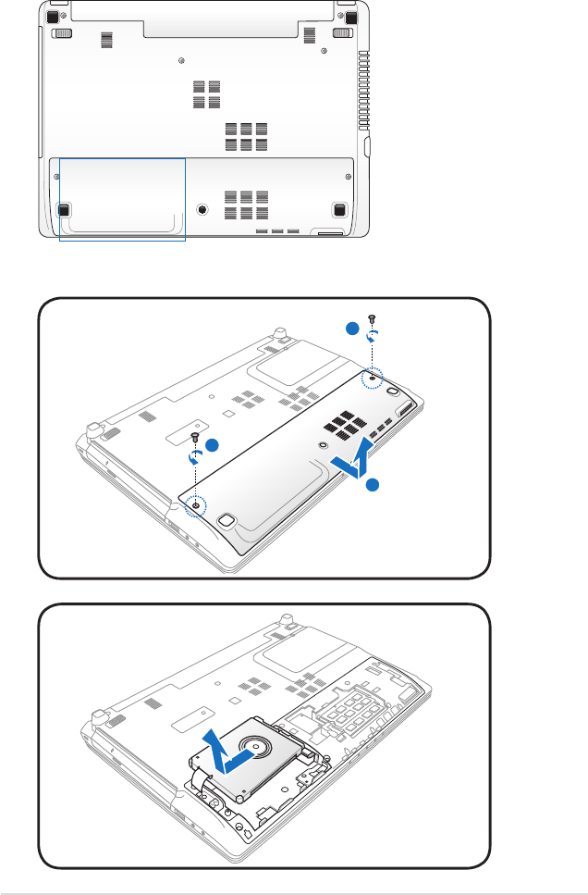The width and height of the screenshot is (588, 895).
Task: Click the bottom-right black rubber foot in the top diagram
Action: (x=339, y=210)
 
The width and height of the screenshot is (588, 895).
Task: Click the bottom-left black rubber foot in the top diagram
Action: (x=64, y=210)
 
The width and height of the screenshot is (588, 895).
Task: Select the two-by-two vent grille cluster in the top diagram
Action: (x=208, y=92)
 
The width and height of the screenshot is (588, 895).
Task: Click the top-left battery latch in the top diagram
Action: (x=62, y=33)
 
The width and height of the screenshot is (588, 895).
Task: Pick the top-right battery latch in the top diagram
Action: (x=339, y=33)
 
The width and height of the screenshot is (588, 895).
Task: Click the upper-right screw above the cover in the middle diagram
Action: (x=372, y=321)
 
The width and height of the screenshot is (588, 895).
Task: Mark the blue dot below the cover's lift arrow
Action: (x=371, y=485)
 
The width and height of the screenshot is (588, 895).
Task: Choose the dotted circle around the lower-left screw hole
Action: (x=196, y=505)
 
